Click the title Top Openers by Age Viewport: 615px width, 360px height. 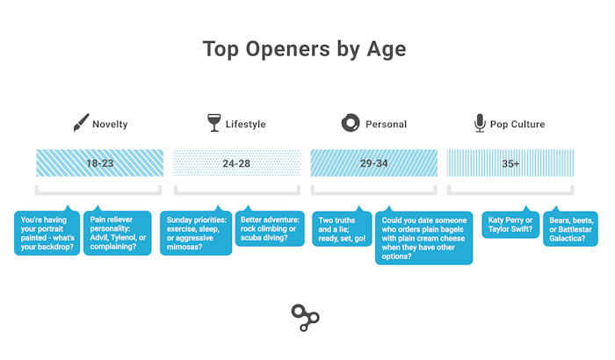coord(304,50)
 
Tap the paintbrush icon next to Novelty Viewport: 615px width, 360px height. coord(81,123)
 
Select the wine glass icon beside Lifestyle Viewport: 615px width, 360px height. coord(214,123)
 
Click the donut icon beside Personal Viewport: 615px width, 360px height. coord(351,123)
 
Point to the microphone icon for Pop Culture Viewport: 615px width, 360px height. coord(480,123)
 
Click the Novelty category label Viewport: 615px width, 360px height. coord(110,125)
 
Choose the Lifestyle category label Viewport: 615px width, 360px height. coord(245,125)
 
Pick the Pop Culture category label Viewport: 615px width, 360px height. coord(517,125)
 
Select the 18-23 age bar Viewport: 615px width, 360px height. coord(100,162)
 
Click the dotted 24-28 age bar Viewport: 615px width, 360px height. coord(237,162)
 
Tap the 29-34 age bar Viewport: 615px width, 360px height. coord(374,162)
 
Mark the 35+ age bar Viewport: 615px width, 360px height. coord(510,162)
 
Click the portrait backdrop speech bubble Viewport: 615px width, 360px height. coord(47,233)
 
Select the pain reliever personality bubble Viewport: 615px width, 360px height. coord(118,233)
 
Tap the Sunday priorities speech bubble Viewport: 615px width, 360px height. coord(196,233)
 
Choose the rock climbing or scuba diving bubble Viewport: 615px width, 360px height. coord(270,228)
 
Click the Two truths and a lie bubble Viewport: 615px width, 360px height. coord(342,228)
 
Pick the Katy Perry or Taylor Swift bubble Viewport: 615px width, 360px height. coord(510,224)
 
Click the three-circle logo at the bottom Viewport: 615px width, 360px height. coord(306,318)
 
